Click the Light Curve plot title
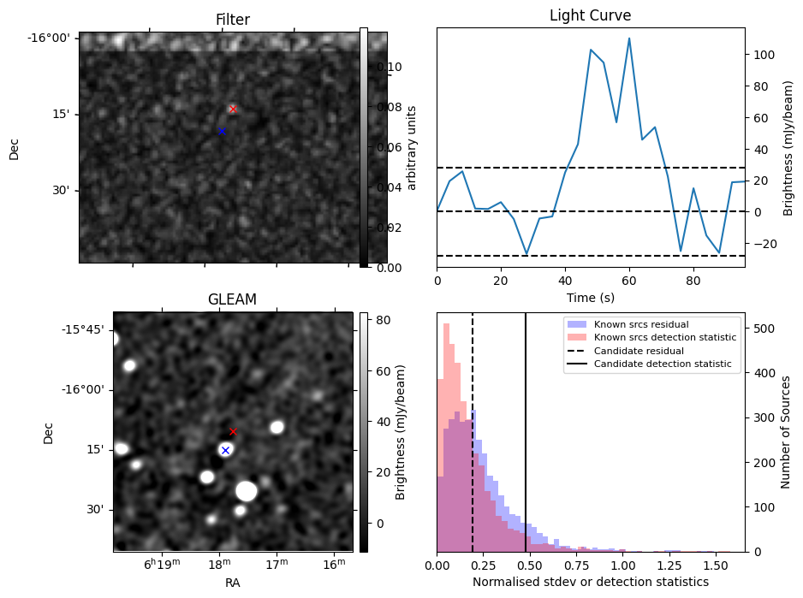click(x=590, y=15)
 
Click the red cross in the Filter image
click(x=233, y=109)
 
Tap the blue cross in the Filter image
click(x=222, y=131)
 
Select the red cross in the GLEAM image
click(x=233, y=431)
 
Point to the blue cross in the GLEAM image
click(x=225, y=450)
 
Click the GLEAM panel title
click(x=232, y=299)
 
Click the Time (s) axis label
click(x=590, y=298)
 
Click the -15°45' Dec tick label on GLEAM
click(x=80, y=329)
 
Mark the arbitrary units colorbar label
click(x=411, y=147)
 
